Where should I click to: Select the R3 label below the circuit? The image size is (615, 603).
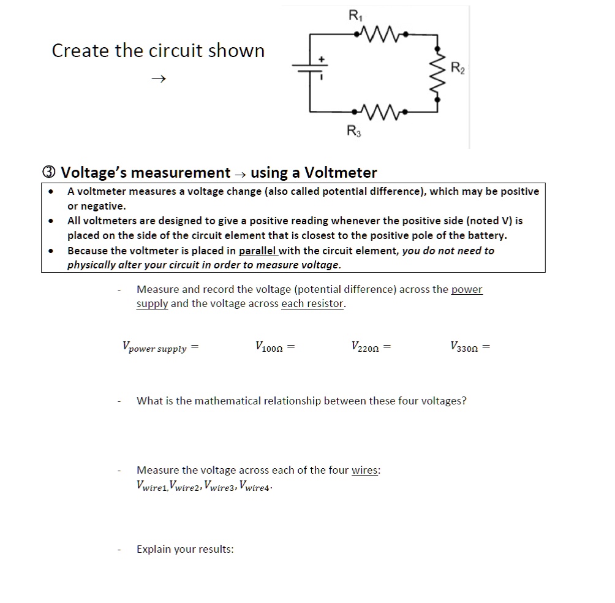353,130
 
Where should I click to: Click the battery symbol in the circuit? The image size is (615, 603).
310,69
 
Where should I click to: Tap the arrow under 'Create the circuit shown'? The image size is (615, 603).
159,78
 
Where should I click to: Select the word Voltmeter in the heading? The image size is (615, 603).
341,172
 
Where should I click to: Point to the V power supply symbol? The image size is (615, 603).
156,347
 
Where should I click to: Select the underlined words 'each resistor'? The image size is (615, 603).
312,303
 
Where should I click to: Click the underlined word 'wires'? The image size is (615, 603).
365,470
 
